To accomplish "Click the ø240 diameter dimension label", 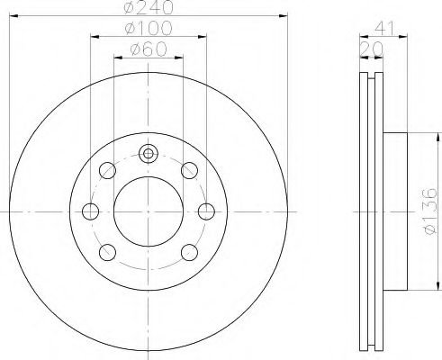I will pos(149,8).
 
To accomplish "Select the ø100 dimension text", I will pos(149,30).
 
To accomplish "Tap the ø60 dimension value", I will pos(149,49).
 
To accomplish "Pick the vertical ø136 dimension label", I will pos(429,211).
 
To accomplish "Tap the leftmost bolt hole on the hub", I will pos(91,211).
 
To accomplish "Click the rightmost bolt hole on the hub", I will pos(206,211).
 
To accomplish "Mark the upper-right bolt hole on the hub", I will pos(189,169).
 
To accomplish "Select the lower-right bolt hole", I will pos(189,251).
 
